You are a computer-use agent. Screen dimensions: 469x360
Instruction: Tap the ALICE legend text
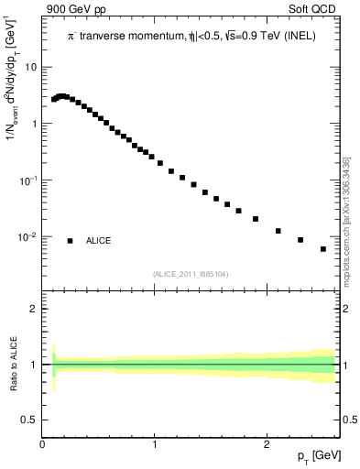click(x=99, y=241)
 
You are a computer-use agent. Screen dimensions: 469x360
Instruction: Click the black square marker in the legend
click(x=71, y=241)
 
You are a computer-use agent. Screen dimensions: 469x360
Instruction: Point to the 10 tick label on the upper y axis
click(x=33, y=68)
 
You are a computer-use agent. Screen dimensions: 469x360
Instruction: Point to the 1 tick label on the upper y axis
click(x=35, y=124)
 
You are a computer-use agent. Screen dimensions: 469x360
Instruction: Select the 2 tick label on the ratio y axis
click(x=34, y=309)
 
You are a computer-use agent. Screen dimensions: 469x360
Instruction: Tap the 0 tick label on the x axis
click(x=43, y=444)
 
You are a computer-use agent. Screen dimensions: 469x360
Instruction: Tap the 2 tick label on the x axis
click(x=267, y=444)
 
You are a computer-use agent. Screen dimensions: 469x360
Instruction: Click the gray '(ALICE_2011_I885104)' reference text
click(x=191, y=272)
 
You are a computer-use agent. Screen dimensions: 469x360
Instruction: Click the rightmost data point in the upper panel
click(x=323, y=249)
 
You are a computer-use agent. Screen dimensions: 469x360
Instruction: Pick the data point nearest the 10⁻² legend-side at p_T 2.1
click(x=278, y=231)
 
